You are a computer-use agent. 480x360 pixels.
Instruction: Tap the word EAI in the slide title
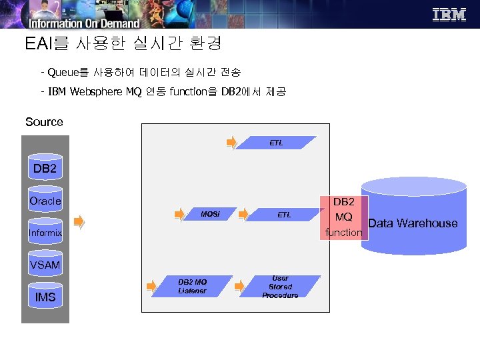tap(37, 45)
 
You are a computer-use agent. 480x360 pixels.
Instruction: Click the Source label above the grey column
tap(44, 122)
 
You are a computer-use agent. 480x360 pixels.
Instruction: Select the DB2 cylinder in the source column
tap(45, 169)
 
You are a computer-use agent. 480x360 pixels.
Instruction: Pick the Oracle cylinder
tap(45, 201)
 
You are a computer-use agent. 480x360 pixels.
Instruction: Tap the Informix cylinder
tap(45, 233)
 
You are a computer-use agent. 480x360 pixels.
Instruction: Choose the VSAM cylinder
tap(45, 265)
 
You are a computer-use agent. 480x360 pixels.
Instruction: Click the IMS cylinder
tap(45, 297)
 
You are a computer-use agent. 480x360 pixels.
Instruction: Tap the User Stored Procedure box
tap(281, 287)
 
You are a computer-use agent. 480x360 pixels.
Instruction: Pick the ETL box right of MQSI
tap(284, 215)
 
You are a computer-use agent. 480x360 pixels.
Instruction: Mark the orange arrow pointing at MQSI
tap(179, 214)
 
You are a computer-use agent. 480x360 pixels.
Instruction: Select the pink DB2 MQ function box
tap(344, 217)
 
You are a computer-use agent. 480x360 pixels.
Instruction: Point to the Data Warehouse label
tap(413, 223)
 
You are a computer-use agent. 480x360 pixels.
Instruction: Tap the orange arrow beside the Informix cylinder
tap(79, 222)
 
